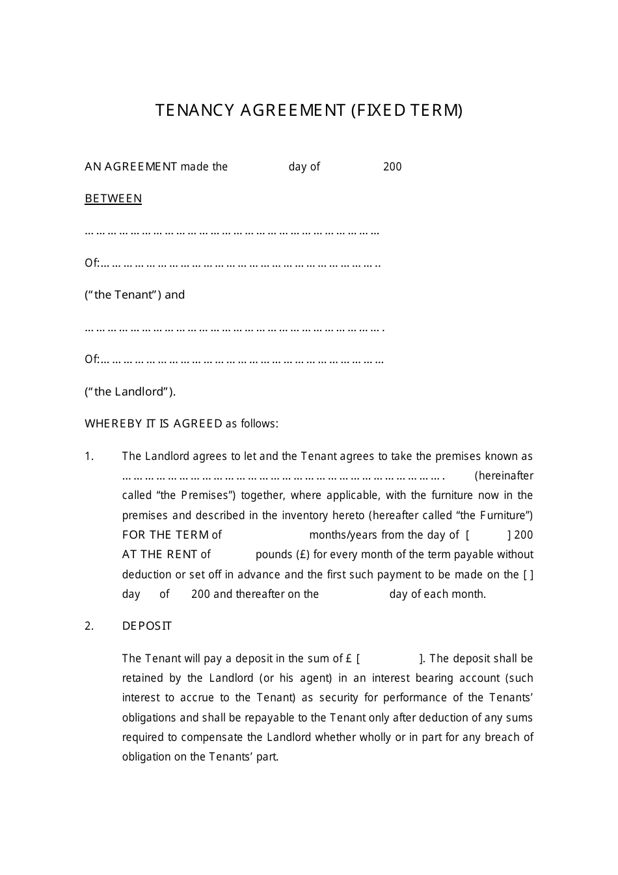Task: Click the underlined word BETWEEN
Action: tap(113, 198)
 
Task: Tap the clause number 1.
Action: tap(89, 457)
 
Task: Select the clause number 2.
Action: tap(89, 626)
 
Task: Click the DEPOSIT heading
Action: tap(147, 626)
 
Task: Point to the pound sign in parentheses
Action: tap(302, 554)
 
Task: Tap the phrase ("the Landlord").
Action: tap(130, 392)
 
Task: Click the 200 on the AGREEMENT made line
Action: tap(392, 167)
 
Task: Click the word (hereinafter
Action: tap(504, 476)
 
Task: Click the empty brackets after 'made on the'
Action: tap(528, 574)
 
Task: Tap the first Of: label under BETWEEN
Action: tap(92, 263)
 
